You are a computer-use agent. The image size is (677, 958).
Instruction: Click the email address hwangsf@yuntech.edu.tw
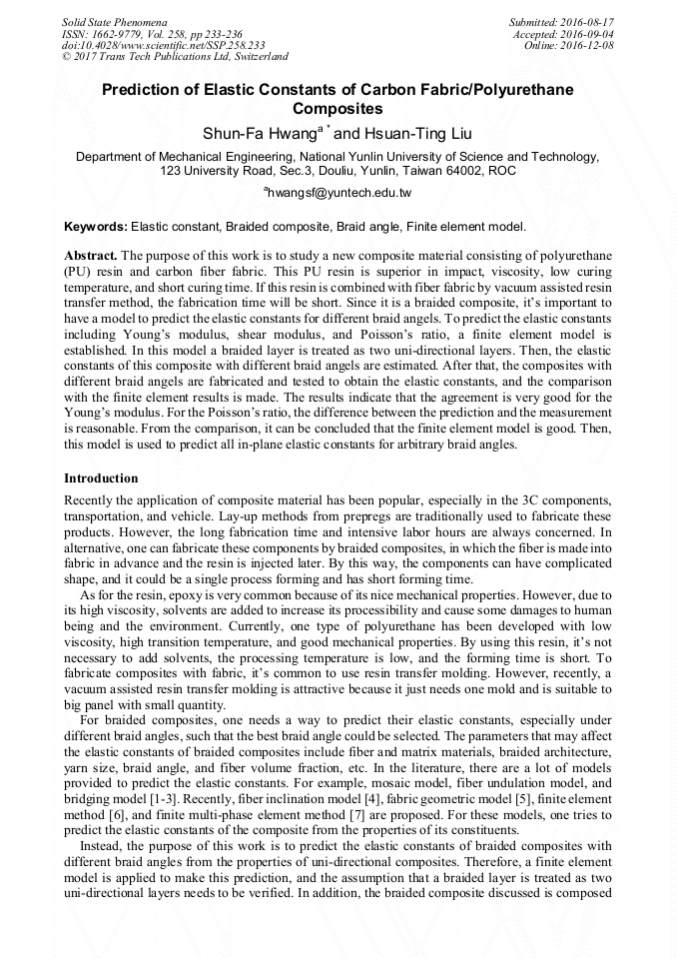339,191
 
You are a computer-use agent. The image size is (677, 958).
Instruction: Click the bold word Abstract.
92,257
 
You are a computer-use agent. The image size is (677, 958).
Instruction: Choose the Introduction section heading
101,479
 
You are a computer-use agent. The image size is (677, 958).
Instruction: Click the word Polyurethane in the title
516,89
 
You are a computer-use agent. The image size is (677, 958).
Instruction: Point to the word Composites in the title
338,108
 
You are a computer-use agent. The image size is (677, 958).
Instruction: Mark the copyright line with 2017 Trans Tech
175,57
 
